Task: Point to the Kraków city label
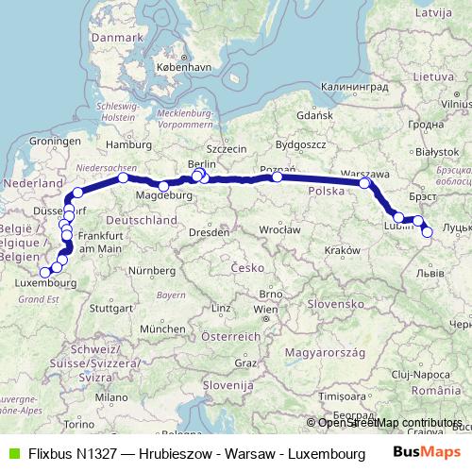[x=337, y=249]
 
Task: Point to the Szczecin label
[x=227, y=148]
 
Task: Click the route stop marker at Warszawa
[x=364, y=183]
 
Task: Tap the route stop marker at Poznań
[x=277, y=177]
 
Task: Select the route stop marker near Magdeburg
[x=163, y=185]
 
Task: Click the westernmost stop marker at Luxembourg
[x=45, y=272]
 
